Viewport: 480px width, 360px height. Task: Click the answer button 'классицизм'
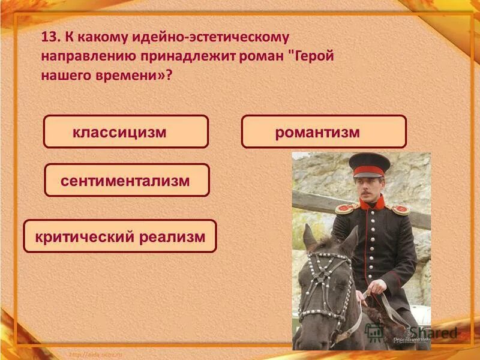125,132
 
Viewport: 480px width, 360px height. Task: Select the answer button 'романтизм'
323,132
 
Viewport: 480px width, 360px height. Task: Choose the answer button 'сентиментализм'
127,180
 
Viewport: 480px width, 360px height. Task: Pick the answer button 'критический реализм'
119,236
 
